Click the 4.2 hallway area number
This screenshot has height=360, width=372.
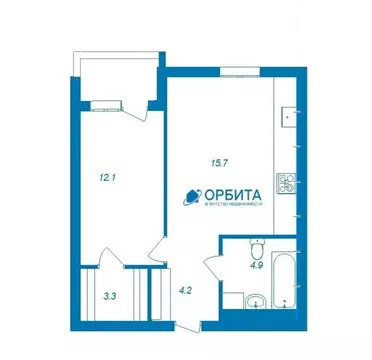(x=185, y=291)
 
